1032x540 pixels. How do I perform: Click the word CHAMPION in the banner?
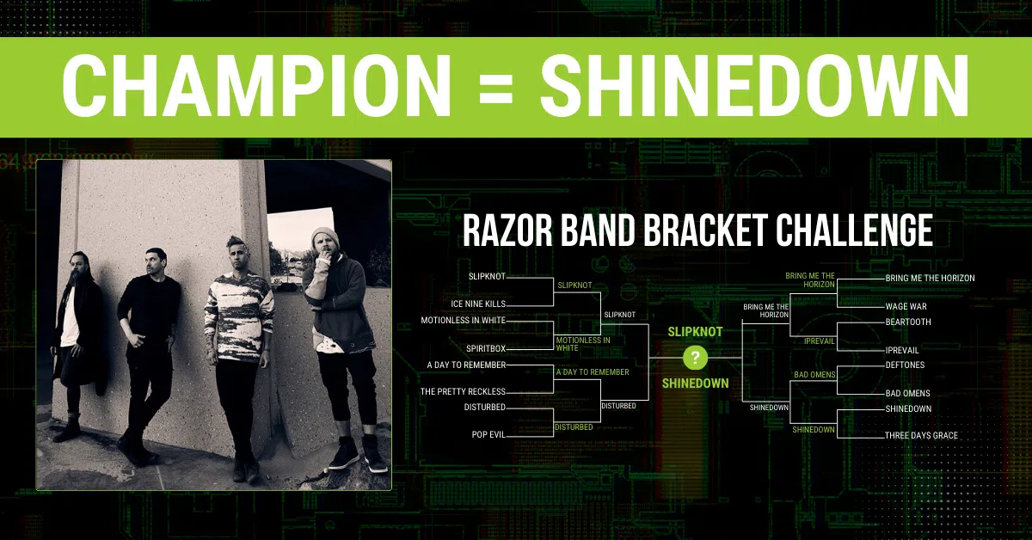click(256, 86)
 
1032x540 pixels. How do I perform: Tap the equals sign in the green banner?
click(495, 86)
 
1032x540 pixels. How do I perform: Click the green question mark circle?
click(695, 357)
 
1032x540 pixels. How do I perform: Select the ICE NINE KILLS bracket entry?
click(478, 304)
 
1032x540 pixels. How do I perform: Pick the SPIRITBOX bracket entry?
click(486, 349)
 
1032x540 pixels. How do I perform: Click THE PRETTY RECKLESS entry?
click(463, 391)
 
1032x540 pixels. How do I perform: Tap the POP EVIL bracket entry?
click(488, 434)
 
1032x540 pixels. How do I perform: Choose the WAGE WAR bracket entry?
click(906, 306)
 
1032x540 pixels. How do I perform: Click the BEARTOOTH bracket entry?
click(908, 322)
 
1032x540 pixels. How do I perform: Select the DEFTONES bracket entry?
click(905, 365)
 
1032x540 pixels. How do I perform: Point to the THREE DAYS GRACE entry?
click(921, 435)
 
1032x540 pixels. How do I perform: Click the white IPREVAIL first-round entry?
click(902, 351)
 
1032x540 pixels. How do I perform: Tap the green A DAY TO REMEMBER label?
click(593, 371)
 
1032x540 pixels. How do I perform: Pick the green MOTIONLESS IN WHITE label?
click(583, 344)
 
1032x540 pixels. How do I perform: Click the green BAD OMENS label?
click(814, 375)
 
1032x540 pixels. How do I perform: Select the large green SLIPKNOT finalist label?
click(695, 332)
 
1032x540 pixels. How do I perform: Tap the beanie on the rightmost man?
click(325, 236)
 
